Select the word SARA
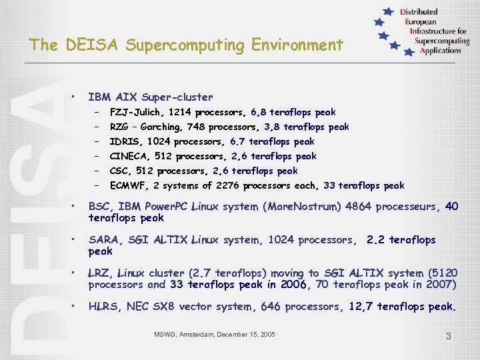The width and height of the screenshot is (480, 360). point(104,240)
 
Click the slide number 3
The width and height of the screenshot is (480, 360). point(448,336)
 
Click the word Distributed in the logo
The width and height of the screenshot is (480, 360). point(419,12)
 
